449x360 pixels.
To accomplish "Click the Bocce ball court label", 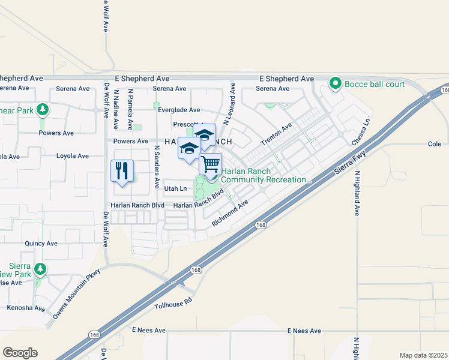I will pos(374,84).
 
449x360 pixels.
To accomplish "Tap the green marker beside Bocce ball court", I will pos(336,83).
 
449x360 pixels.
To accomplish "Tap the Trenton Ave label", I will pos(276,134).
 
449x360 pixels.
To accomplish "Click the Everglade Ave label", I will pos(178,110).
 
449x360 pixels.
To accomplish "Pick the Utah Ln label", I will pos(175,188).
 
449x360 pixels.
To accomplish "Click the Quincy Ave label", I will pos(41,244).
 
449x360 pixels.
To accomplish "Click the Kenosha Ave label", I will pos(26,308).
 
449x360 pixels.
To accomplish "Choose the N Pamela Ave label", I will pos(131,110).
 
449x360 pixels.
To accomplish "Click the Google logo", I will pos(20,353).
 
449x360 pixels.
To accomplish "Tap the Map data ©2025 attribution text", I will pos(423,355).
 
